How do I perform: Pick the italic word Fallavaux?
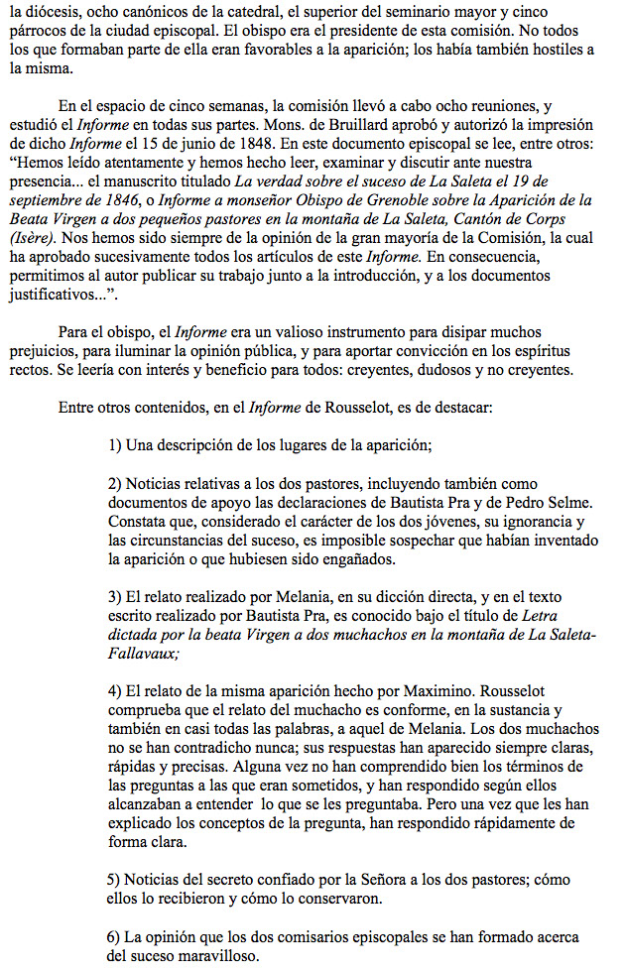pyautogui.click(x=142, y=654)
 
